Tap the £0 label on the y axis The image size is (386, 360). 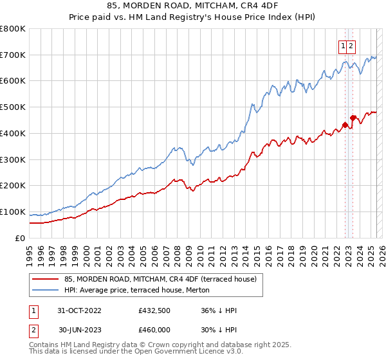(x=21, y=238)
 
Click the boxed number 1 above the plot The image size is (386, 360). (x=344, y=46)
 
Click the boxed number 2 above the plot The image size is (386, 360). (x=353, y=46)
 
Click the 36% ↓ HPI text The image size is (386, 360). (x=219, y=310)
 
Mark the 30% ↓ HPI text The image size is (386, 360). (x=219, y=330)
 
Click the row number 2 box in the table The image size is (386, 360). (x=32, y=330)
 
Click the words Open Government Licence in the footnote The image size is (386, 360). (x=178, y=354)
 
